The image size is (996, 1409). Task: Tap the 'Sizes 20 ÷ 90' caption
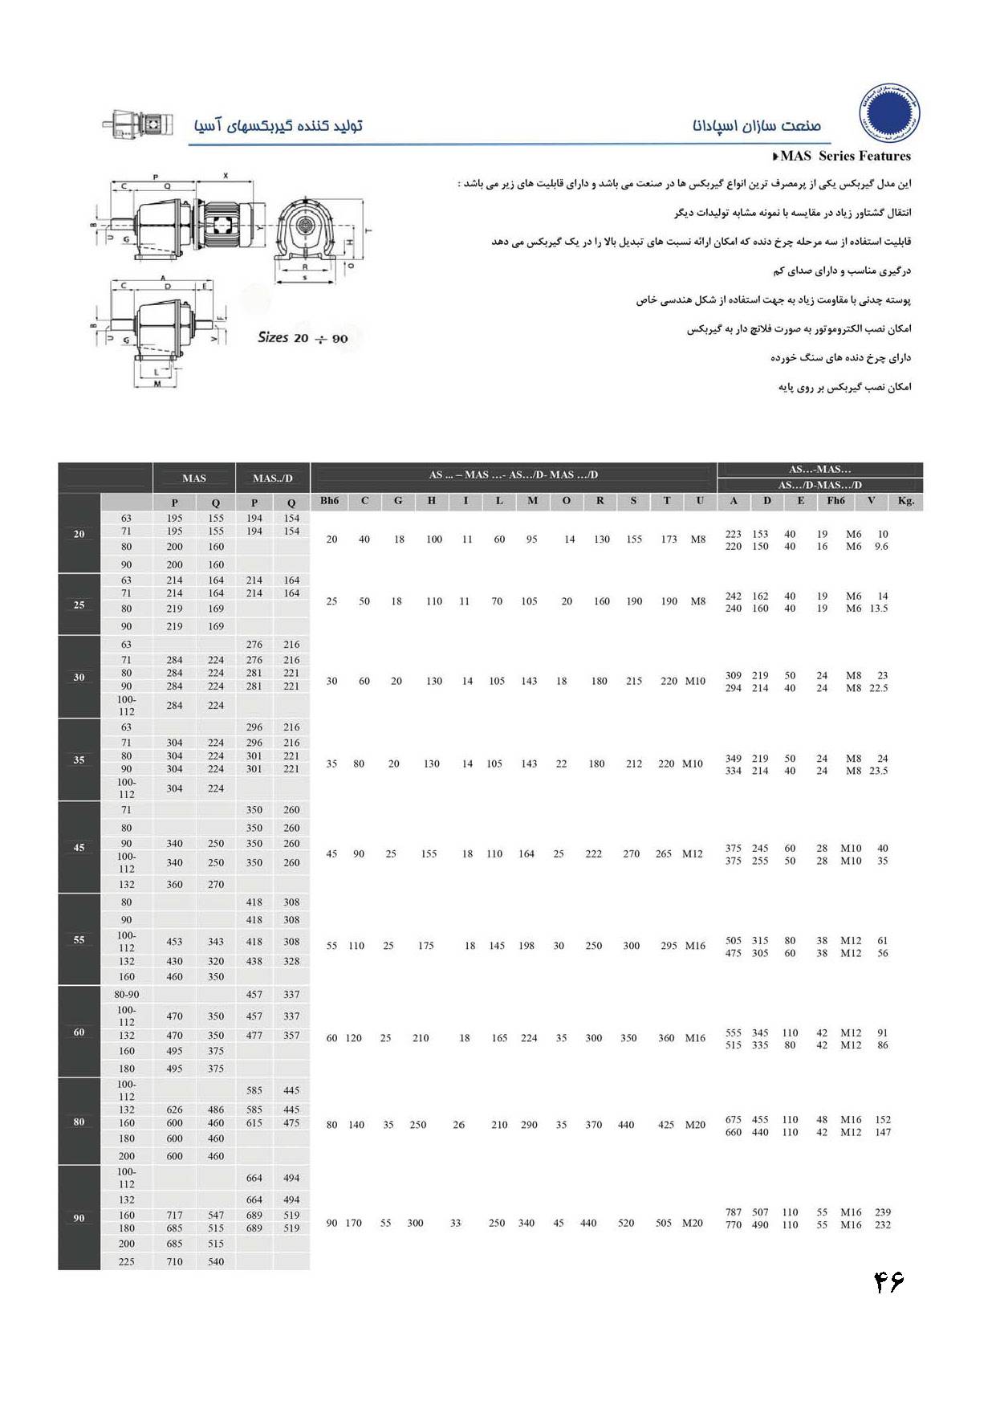(303, 338)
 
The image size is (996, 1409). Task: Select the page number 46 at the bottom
(888, 1282)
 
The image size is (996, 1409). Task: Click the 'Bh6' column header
(329, 501)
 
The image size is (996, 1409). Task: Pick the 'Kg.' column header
(906, 501)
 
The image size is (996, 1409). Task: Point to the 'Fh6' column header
(835, 501)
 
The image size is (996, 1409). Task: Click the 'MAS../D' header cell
(273, 478)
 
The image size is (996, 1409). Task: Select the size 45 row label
(79, 847)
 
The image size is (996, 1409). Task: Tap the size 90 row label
(79, 1218)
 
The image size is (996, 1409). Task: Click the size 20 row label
(79, 534)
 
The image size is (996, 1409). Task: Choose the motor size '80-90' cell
(127, 994)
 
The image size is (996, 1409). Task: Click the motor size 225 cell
(127, 1261)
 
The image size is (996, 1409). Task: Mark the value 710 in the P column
(174, 1261)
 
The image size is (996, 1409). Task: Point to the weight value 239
(883, 1212)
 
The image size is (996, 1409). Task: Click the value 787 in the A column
(734, 1212)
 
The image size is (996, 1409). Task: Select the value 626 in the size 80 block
(174, 1110)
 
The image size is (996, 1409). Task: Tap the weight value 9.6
(881, 547)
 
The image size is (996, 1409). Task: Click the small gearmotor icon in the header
(137, 125)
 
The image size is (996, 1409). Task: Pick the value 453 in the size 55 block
(174, 942)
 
